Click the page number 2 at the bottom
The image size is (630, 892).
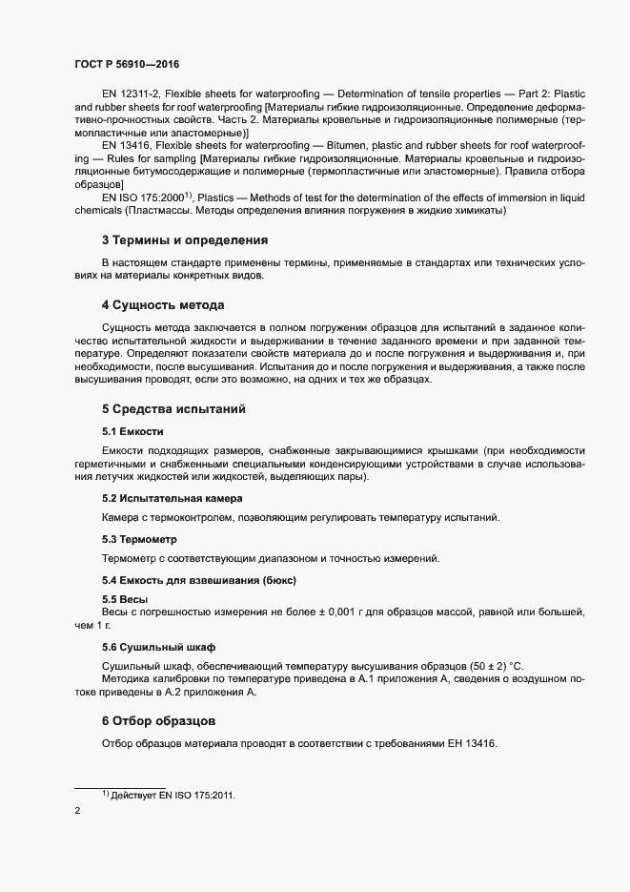(78, 811)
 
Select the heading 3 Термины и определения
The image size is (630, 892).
(184, 239)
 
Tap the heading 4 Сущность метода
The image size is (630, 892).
(162, 305)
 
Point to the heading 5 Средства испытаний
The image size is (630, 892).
(173, 409)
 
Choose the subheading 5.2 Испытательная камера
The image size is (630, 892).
(172, 498)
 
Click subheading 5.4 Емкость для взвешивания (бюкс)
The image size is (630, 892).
(199, 580)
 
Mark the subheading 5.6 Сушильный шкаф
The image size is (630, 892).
(158, 646)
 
